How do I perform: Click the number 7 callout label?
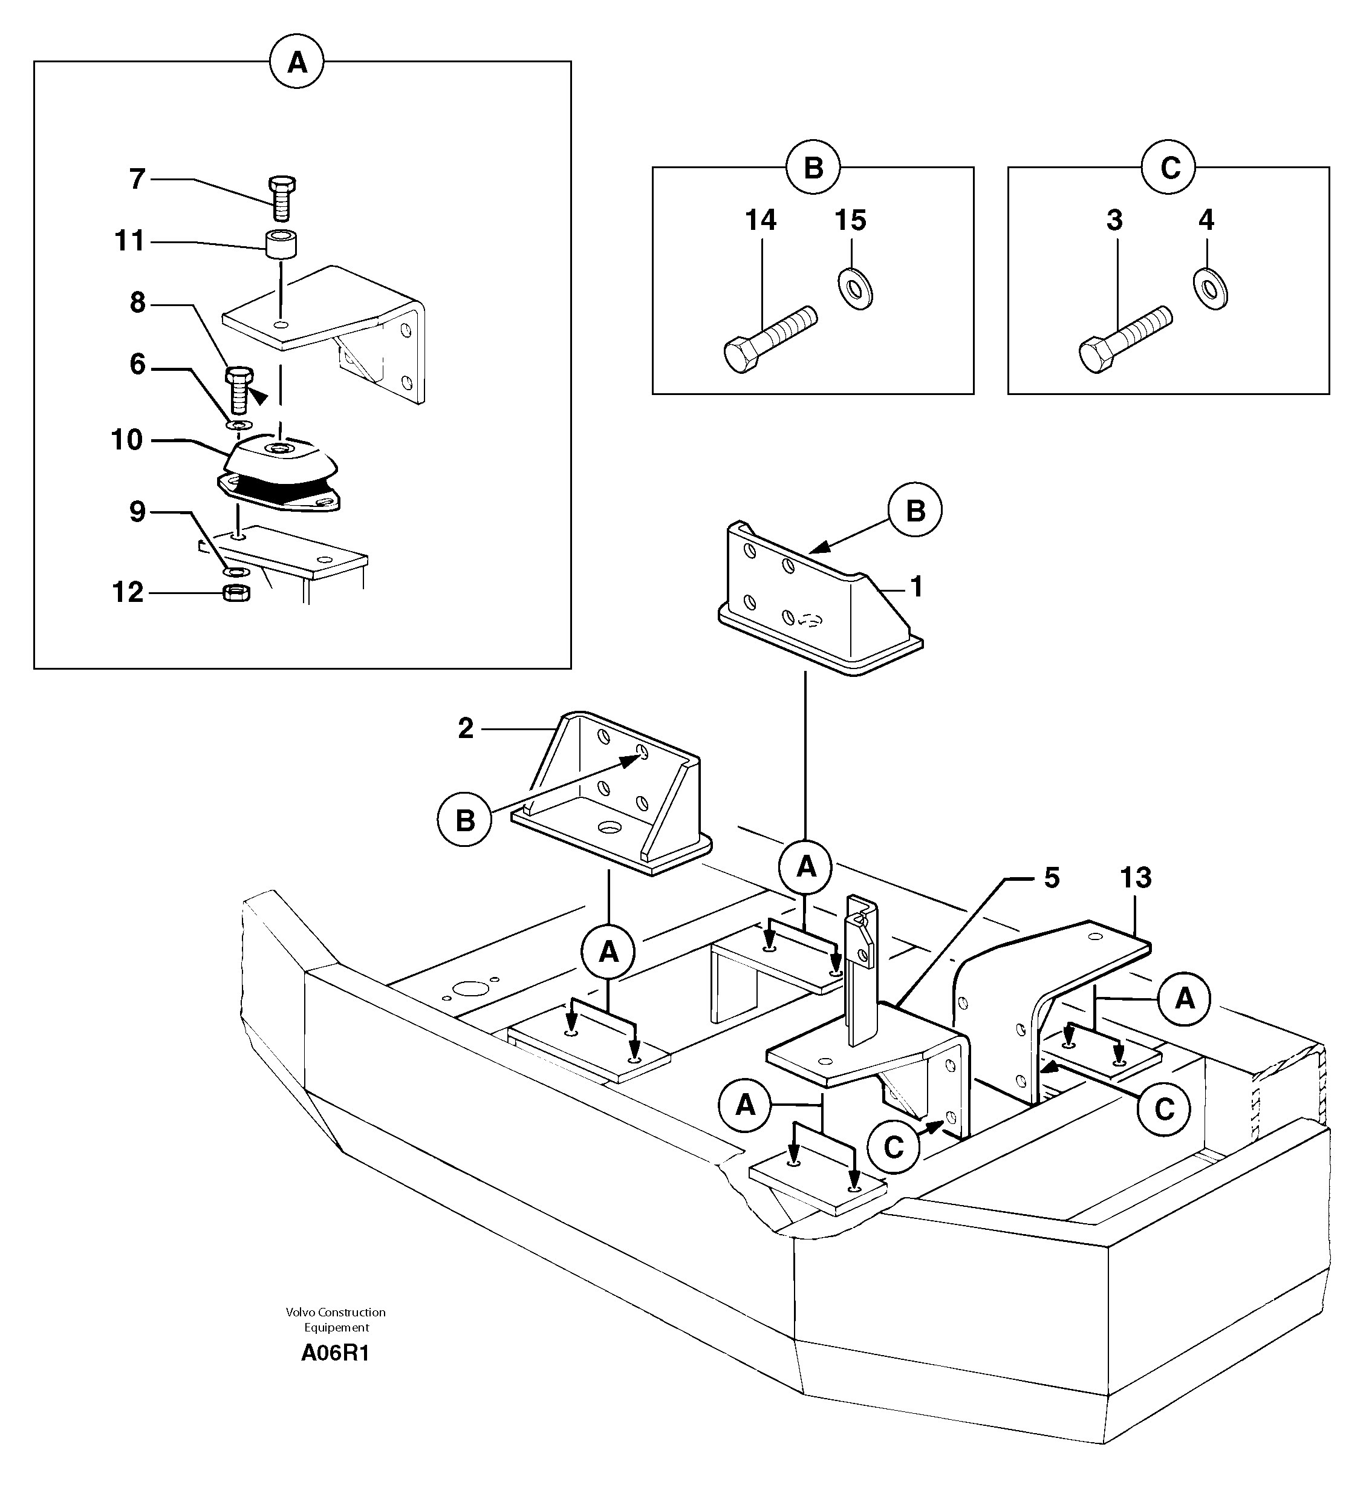(x=137, y=179)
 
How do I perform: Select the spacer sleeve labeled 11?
(x=281, y=244)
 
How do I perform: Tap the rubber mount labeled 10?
(x=280, y=474)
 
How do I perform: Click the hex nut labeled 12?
(x=236, y=593)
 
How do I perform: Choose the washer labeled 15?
(x=855, y=288)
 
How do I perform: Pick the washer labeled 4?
(x=1211, y=288)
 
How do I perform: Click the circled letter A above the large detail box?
(x=297, y=63)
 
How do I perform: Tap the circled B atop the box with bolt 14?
(x=813, y=168)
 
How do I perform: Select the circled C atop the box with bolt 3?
(x=1169, y=168)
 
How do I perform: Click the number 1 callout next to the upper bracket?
(x=916, y=587)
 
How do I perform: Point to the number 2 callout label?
(x=465, y=729)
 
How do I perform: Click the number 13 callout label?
(x=1136, y=878)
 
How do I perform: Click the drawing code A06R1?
(x=335, y=1353)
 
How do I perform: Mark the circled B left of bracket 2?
(x=464, y=820)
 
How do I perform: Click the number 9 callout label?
(x=137, y=512)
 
